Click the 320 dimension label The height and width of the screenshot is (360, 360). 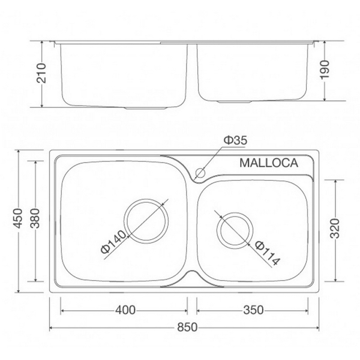tap(336, 229)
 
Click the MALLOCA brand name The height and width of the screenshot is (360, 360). tap(269, 162)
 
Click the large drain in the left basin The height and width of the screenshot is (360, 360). tap(145, 220)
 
